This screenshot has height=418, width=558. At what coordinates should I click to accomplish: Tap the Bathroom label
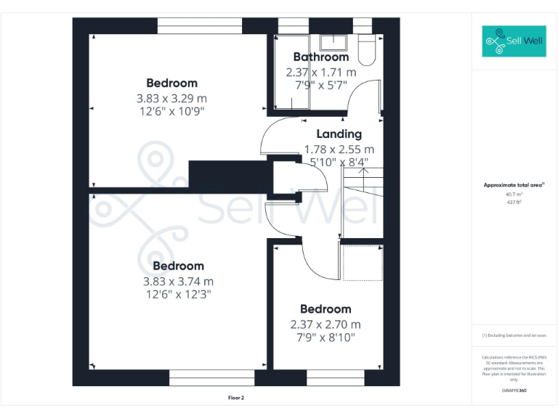tap(320, 57)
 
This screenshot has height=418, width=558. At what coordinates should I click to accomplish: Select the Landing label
tap(339, 134)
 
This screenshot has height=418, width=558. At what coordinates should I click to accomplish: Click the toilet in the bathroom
tap(365, 51)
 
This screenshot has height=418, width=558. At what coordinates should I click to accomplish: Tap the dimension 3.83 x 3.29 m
tap(171, 99)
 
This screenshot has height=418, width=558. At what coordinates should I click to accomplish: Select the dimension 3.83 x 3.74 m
tap(178, 282)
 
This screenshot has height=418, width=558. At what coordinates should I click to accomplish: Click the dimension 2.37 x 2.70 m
tap(325, 324)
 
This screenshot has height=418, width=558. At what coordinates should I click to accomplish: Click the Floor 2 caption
tap(235, 398)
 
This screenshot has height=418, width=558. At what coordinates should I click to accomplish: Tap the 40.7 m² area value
tap(514, 194)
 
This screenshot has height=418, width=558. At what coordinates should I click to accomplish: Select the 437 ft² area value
tap(514, 202)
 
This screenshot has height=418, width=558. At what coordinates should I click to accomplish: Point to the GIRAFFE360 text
tap(514, 390)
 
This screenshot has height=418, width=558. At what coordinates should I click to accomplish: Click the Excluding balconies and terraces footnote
tap(514, 335)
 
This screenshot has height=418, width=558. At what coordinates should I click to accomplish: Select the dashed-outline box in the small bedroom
tap(361, 262)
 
